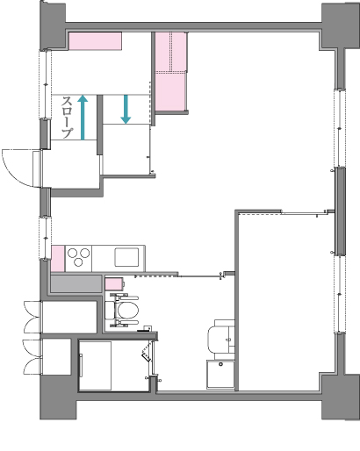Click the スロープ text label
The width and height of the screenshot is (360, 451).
[x=67, y=118]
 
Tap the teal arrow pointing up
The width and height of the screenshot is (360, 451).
[x=83, y=118]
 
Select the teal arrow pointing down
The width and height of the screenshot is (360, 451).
[x=126, y=109]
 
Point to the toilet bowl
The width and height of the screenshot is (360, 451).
[x=127, y=311]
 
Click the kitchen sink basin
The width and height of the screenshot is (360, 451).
[x=126, y=257]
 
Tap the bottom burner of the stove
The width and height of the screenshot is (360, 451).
[x=78, y=262]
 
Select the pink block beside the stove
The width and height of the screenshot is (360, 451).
[x=58, y=259]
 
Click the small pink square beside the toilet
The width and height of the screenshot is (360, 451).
[x=114, y=284]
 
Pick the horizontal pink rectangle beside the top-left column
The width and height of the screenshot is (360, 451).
[x=95, y=41]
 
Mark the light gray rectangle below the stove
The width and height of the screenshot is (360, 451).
[x=76, y=283]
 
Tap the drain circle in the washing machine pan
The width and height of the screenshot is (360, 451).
[x=220, y=364]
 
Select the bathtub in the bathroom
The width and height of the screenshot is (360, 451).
[x=95, y=366]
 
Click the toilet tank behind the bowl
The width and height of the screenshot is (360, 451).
[x=110, y=311]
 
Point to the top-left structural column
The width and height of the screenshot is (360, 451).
[x=53, y=26]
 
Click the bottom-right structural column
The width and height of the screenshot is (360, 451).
[x=341, y=397]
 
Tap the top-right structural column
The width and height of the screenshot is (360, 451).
[x=341, y=26]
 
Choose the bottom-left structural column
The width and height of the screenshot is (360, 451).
[x=58, y=397]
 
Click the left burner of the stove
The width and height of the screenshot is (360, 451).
[x=72, y=253]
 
